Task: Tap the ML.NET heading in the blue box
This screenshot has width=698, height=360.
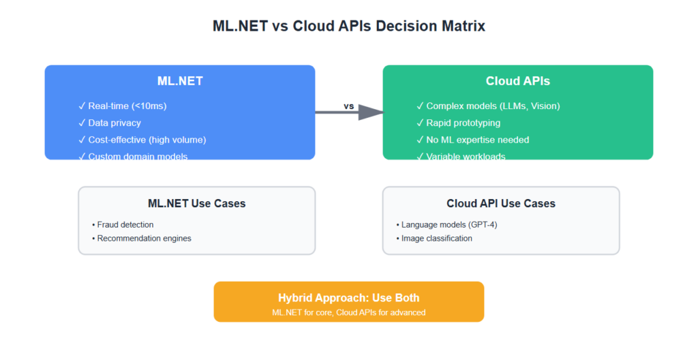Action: pos(180,81)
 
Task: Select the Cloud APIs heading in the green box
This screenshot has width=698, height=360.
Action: pos(517,81)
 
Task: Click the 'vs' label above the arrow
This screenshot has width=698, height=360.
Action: pos(349,106)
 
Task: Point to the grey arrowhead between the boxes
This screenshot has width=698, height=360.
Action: pos(369,112)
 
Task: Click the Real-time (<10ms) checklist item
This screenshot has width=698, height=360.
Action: pos(127,106)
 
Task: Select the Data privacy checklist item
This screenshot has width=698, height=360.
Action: pos(115,123)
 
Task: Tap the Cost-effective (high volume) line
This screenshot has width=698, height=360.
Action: pos(147,140)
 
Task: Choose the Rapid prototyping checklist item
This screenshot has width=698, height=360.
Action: pos(463,123)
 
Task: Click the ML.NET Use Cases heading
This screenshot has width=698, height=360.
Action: pos(196,203)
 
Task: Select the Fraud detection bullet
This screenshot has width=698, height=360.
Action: pos(125,224)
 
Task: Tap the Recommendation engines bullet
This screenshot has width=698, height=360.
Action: pos(144,239)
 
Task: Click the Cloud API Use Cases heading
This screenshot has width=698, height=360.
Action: pos(501,203)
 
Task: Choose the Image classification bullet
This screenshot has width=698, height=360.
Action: pos(436,239)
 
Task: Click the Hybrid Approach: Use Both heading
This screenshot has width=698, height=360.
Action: pos(348,298)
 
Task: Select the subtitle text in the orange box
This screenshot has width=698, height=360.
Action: pos(348,312)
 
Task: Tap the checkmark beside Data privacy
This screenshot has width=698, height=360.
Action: pos(82,123)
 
